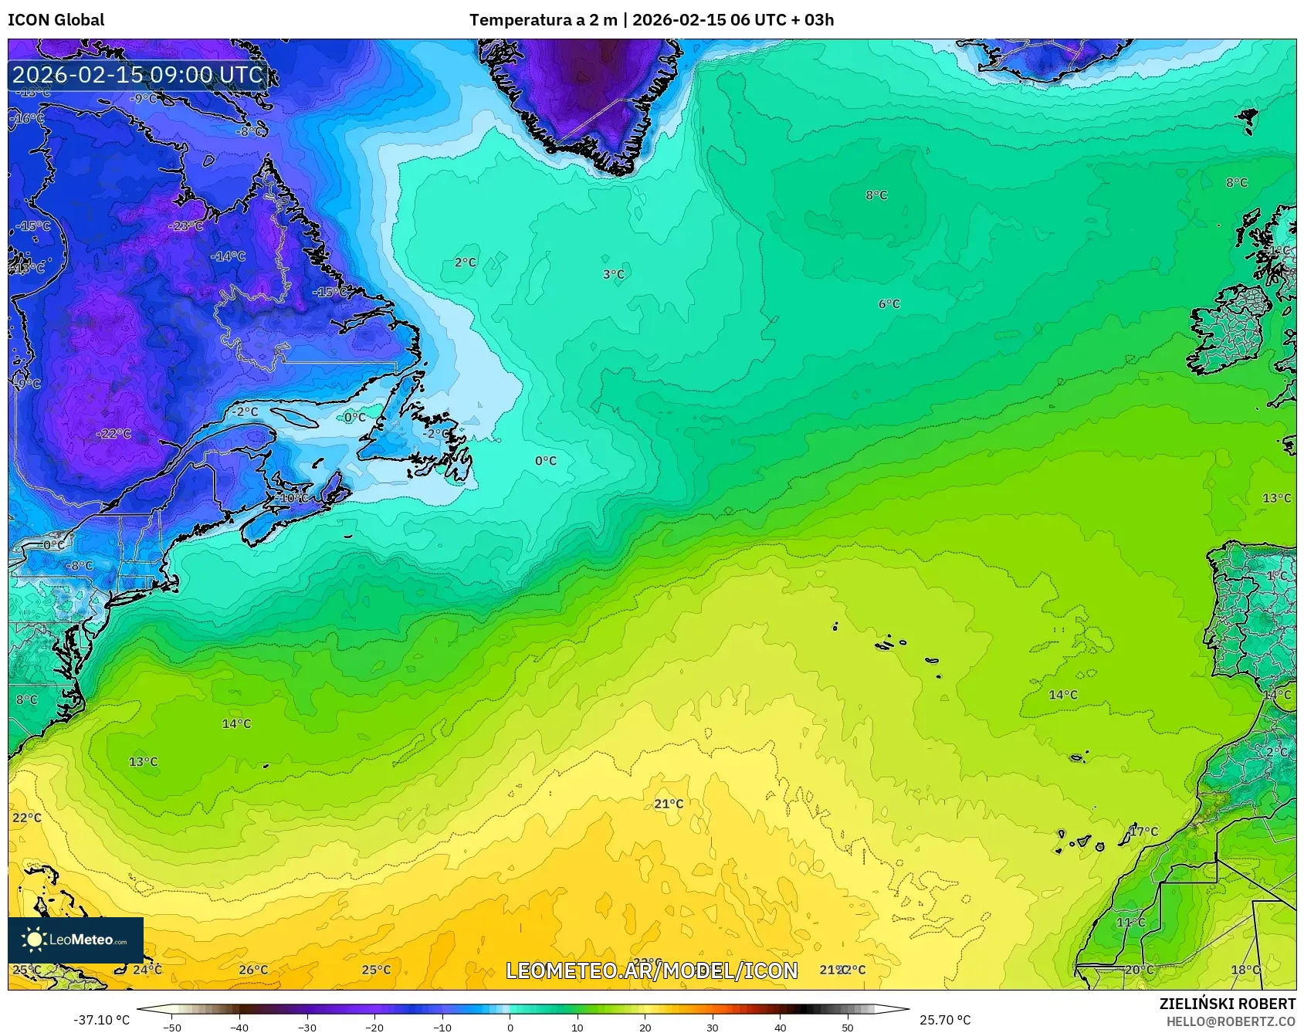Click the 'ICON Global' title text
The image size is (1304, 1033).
(x=56, y=19)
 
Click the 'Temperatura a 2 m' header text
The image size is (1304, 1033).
(x=543, y=19)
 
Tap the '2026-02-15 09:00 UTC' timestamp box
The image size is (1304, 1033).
(x=138, y=75)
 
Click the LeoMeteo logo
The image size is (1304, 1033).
(x=75, y=940)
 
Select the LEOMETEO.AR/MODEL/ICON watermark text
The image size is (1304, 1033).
(x=652, y=970)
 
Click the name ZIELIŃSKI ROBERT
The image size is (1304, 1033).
(x=1227, y=1004)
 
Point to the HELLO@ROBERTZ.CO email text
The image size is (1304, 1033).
(x=1231, y=1021)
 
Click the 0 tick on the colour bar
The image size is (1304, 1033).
(x=510, y=1027)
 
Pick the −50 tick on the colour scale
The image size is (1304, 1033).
(x=172, y=1027)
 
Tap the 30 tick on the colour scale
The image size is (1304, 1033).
(x=712, y=1027)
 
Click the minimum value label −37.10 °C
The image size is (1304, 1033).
(x=101, y=1020)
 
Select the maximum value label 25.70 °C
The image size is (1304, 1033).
(x=944, y=1020)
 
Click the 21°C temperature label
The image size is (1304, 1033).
(x=669, y=804)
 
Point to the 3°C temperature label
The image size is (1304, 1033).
(x=614, y=274)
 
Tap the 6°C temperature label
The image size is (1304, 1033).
(x=889, y=304)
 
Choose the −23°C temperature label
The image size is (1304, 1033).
(x=186, y=226)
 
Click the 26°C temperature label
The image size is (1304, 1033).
(x=253, y=970)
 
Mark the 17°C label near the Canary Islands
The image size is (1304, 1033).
(x=1143, y=831)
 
